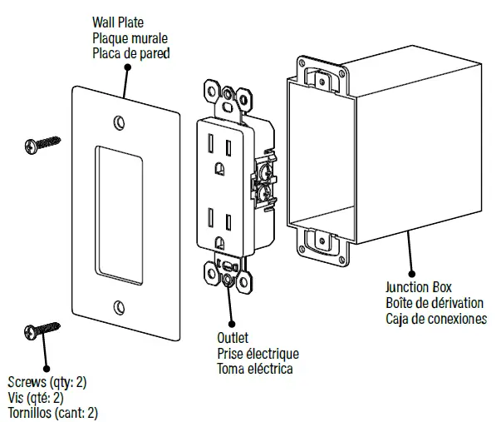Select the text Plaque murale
130,38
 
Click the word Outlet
233,339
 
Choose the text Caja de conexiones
436,319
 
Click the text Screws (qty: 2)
47,382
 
